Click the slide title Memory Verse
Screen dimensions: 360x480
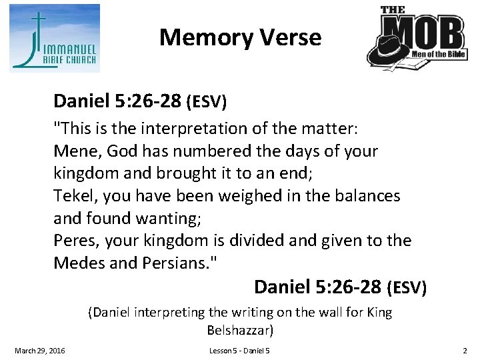click(x=240, y=37)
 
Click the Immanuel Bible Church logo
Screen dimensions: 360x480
click(x=55, y=38)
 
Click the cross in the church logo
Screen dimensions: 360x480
click(x=41, y=30)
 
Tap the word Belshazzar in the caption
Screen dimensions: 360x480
click(x=240, y=330)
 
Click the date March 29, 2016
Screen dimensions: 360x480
click(x=40, y=351)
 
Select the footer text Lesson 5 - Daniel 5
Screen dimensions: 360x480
click(x=239, y=351)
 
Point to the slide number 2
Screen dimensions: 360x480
click(x=465, y=351)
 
